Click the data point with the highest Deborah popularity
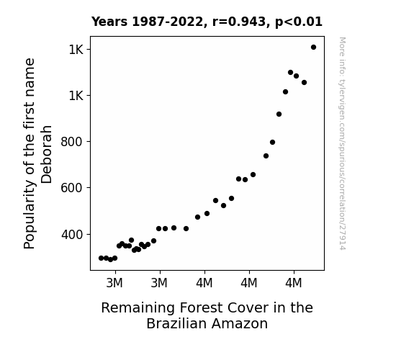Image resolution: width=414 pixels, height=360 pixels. (x=313, y=48)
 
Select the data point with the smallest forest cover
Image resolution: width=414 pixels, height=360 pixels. (x=101, y=258)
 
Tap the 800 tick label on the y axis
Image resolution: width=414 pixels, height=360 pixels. (x=71, y=142)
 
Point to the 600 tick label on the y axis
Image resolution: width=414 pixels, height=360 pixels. (x=71, y=188)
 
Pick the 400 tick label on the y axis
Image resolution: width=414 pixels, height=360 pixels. (x=71, y=235)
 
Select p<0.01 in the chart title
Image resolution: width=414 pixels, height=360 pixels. (x=299, y=22)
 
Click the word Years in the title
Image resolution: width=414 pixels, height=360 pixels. (x=109, y=22)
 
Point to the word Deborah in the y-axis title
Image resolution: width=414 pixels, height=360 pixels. (x=47, y=154)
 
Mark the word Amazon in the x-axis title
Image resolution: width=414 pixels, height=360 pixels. (x=240, y=323)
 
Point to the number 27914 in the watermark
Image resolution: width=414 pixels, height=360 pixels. (x=342, y=237)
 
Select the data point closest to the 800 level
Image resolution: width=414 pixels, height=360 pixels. (x=272, y=143)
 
